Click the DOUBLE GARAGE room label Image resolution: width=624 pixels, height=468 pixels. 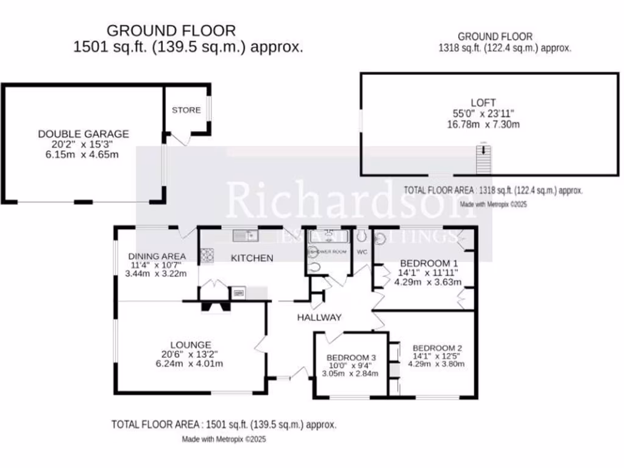tap(83, 134)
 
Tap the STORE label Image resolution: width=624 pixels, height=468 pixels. tap(186, 110)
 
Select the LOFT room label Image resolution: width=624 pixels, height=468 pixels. tap(483, 103)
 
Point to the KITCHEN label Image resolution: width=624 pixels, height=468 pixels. tap(252, 258)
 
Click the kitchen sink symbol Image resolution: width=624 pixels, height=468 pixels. tap(246, 234)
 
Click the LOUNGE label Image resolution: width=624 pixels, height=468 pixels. tap(191, 345)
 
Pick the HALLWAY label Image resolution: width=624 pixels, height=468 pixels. tap(319, 317)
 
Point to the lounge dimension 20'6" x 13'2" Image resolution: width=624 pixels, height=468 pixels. tap(190, 355)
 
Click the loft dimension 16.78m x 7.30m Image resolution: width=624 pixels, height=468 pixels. tap(483, 124)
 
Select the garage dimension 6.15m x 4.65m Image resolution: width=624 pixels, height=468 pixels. tap(83, 155)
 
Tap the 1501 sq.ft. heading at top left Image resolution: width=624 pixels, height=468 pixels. tap(188, 47)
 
